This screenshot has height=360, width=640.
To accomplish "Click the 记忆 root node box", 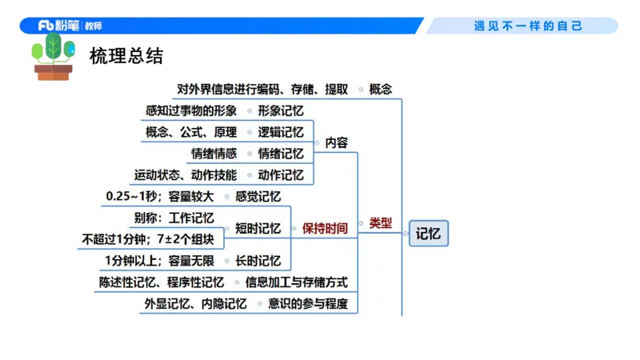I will [x=429, y=233].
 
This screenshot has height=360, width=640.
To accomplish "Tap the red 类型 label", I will [x=381, y=223].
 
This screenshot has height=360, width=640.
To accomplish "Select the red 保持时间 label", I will [x=325, y=228].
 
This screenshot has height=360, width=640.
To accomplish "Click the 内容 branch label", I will [x=336, y=142].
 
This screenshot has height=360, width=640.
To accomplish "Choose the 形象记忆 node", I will [x=281, y=110].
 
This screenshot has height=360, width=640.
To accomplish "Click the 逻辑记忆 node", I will [x=281, y=132].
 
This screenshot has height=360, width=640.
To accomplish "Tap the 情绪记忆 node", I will [x=281, y=154].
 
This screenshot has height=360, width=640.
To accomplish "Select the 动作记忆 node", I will [x=281, y=175].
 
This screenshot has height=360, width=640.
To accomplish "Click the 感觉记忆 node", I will [x=258, y=196].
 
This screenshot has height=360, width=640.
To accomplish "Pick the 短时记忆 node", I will [x=258, y=228].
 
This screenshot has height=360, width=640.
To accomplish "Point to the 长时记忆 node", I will [x=258, y=260].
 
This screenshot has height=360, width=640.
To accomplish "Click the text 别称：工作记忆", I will [x=174, y=218].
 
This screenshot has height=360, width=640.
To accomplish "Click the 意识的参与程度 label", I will [x=308, y=303].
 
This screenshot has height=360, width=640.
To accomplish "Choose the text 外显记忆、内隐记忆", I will [x=195, y=303].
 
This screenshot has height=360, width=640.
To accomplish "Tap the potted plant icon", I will [x=53, y=57].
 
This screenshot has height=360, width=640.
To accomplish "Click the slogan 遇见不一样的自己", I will [x=529, y=26].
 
